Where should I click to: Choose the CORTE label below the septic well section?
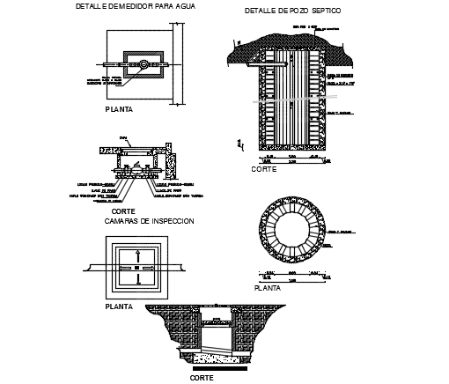coord(264,167)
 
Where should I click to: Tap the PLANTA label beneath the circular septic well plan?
coord(268,287)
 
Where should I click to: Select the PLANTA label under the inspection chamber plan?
coord(118,307)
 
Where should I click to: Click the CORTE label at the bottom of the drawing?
coord(202,377)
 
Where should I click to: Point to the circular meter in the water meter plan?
coord(143,63)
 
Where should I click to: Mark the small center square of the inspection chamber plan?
coord(136,267)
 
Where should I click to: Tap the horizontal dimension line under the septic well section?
coord(291,157)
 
